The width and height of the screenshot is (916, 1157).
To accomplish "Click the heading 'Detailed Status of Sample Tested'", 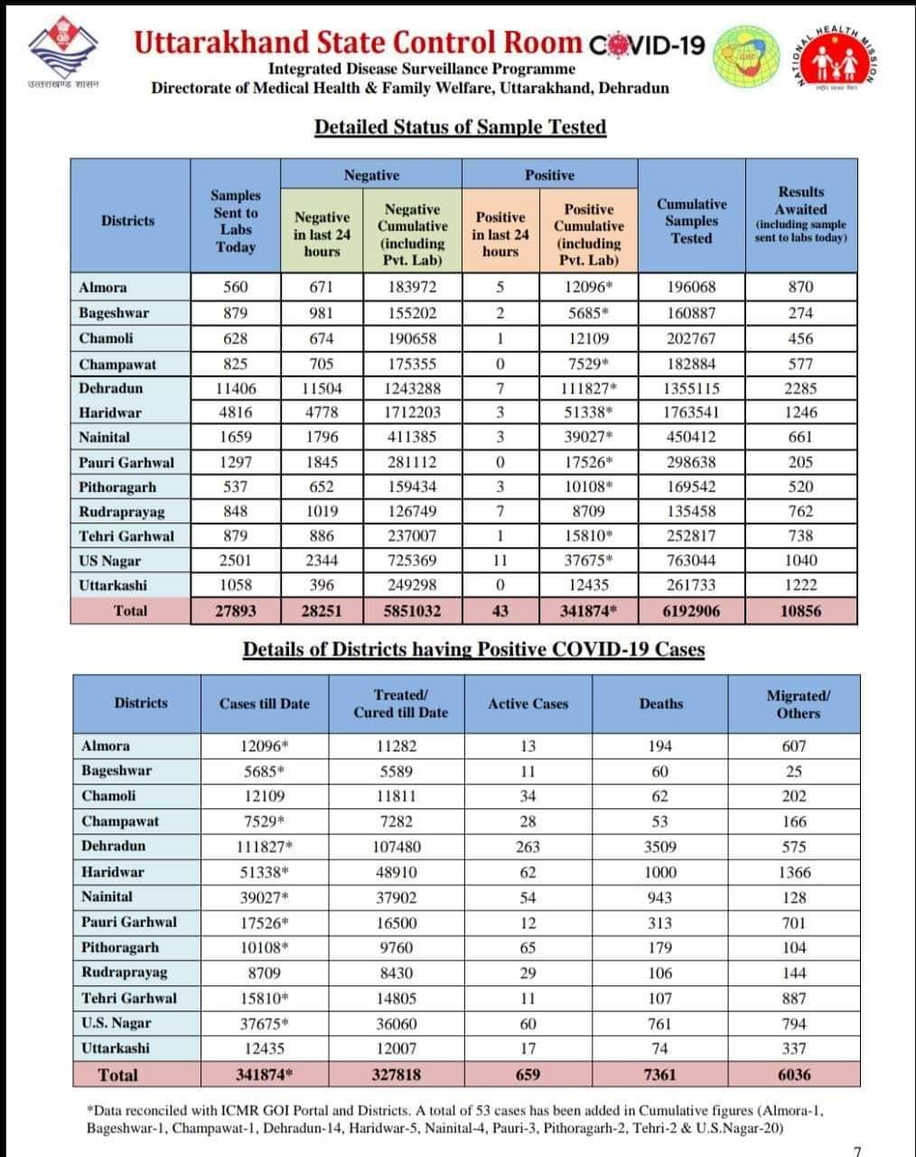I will [x=460, y=127].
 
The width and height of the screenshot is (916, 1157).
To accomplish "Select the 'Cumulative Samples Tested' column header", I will [x=691, y=221].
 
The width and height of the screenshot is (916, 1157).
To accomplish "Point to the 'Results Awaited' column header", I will [x=800, y=214].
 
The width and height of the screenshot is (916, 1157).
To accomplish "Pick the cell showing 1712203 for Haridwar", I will [x=412, y=413].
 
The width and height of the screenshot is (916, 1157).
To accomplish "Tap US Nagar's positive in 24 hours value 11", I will [x=500, y=560].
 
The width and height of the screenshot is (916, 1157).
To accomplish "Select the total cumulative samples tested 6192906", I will [x=691, y=611].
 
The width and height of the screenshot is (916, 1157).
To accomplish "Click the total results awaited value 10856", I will [x=800, y=611].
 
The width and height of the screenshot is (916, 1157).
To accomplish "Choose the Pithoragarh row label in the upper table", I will [x=118, y=487].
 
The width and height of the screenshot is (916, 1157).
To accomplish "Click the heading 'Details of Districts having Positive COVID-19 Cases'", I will [x=473, y=650].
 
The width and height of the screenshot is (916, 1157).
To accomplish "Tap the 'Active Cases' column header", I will [x=528, y=704].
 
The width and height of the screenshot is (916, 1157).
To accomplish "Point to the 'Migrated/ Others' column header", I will [x=798, y=704].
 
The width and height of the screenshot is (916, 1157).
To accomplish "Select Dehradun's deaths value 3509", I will [x=660, y=847].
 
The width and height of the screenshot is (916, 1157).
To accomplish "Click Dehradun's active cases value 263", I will [x=528, y=847].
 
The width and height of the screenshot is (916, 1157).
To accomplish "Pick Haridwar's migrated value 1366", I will [x=794, y=872].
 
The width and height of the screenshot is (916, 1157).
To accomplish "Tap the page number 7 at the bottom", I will [x=856, y=1150].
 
